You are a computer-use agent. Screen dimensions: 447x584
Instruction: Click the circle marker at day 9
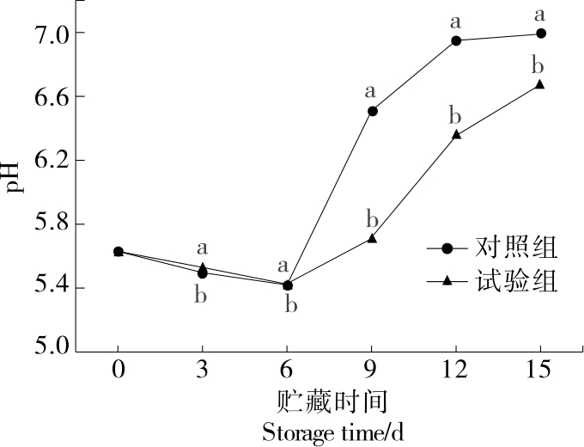coord(372,111)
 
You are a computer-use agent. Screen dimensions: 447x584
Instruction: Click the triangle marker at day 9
coord(372,237)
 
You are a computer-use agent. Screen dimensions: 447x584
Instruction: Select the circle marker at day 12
coord(456,40)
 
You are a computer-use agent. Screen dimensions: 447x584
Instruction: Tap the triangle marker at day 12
coord(456,134)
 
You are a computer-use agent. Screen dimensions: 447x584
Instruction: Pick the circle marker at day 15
coord(540,34)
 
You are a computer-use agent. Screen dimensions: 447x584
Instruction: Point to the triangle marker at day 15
coord(540,83)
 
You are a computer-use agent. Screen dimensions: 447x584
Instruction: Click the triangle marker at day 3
coord(203,267)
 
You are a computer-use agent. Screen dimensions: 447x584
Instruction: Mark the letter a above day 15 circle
coord(540,14)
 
